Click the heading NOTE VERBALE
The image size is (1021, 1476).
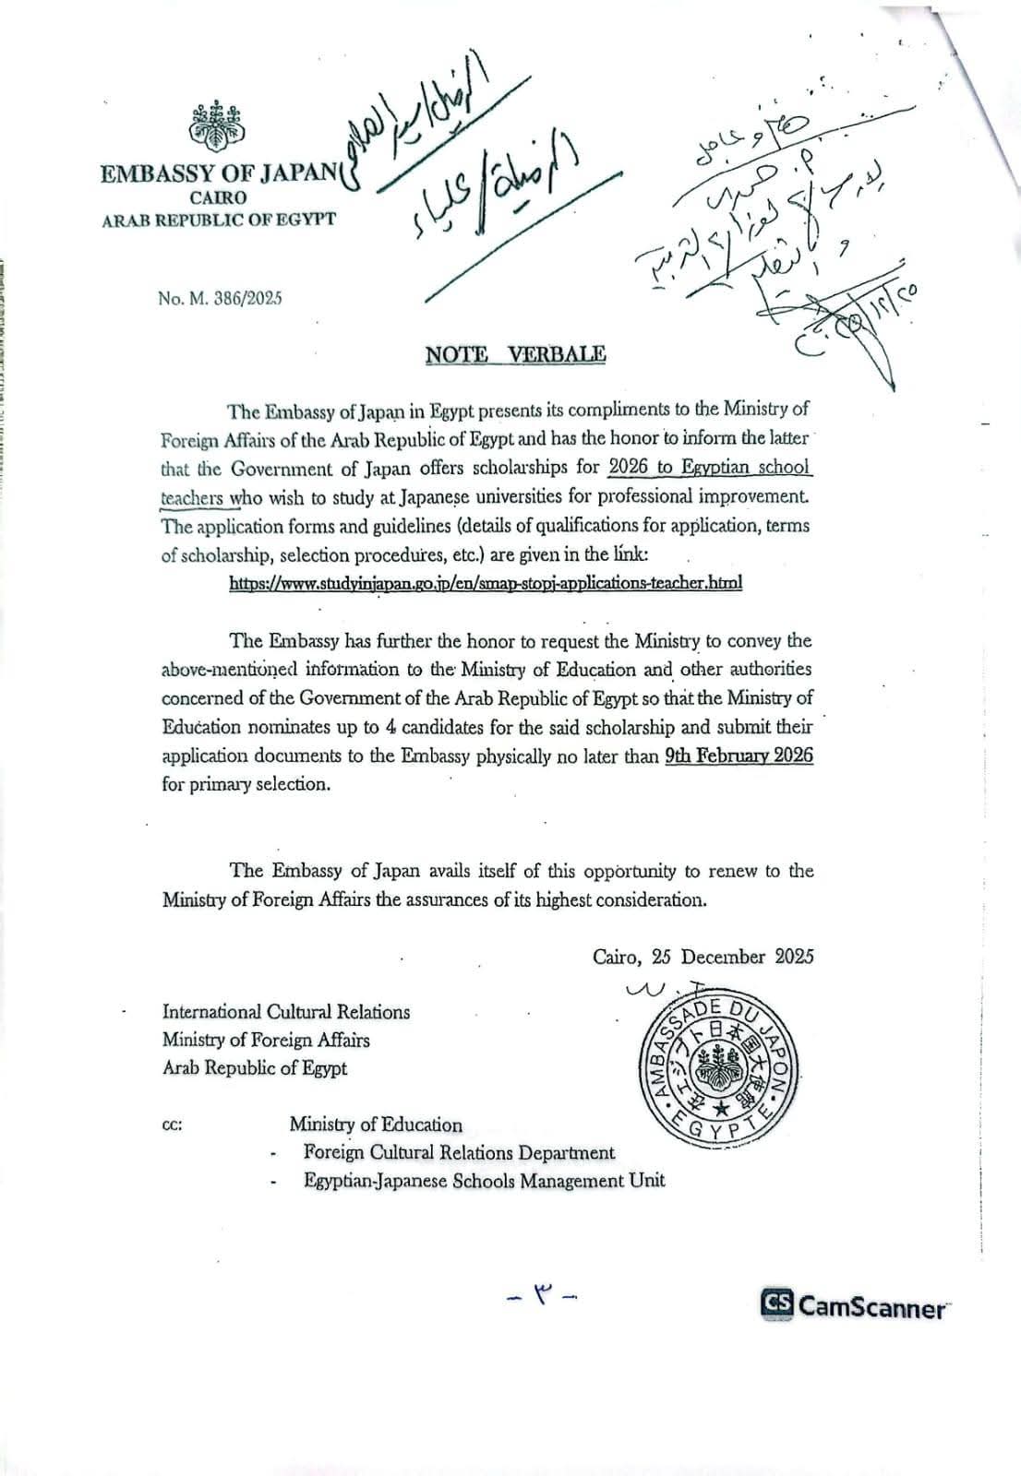[x=515, y=354]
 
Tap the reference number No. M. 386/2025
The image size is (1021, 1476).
[x=220, y=298]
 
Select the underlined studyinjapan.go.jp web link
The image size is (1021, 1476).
[x=485, y=583]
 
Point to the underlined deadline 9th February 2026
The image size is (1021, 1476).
[x=739, y=756]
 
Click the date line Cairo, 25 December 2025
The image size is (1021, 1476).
[x=703, y=957]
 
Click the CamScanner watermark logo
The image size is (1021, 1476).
[x=853, y=1305]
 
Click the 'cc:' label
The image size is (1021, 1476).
[x=172, y=1126]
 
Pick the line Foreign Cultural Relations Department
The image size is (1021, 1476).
[x=459, y=1153]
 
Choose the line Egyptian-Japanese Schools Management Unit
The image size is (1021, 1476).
[x=484, y=1181]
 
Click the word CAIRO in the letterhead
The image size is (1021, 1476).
[x=219, y=197]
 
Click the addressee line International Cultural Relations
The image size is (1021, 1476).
[x=286, y=1012]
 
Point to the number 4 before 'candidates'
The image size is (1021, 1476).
[x=391, y=727]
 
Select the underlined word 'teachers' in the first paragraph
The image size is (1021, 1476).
[x=192, y=497]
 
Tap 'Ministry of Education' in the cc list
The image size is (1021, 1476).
[x=376, y=1125]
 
